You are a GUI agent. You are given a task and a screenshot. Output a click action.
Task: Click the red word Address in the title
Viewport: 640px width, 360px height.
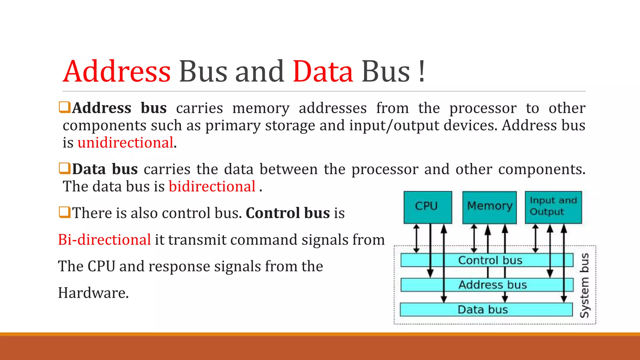tap(117, 72)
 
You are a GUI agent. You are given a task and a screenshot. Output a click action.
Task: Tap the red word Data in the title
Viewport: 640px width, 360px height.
tap(323, 72)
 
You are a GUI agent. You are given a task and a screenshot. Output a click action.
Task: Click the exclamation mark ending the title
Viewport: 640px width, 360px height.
tap(422, 72)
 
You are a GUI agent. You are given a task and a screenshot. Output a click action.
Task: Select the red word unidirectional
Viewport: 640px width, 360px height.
tap(125, 142)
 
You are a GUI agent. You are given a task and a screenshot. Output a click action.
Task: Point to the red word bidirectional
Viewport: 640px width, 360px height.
tap(212, 187)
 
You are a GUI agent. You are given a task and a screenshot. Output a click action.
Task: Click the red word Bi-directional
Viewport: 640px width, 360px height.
tap(104, 240)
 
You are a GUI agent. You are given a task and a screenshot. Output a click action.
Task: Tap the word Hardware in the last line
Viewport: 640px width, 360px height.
tap(93, 293)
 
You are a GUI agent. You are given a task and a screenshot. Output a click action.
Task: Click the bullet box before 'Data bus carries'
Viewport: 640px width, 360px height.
tap(65, 168)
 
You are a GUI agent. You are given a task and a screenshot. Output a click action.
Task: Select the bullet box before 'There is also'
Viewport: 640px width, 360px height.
tap(65, 212)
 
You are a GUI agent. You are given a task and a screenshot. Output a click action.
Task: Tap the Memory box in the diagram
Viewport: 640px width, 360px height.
tap(489, 207)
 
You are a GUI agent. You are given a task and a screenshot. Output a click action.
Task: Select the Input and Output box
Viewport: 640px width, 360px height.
tap(553, 207)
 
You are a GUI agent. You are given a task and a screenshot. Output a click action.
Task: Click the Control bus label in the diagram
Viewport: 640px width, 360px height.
tap(490, 260)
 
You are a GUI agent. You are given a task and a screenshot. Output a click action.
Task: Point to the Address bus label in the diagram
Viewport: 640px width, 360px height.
tap(492, 285)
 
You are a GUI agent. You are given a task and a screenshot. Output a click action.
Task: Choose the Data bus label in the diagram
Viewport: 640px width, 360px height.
tap(482, 309)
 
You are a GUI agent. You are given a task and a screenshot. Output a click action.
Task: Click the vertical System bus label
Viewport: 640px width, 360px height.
tap(585, 285)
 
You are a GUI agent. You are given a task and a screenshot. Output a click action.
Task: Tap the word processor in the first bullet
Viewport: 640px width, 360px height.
tap(483, 108)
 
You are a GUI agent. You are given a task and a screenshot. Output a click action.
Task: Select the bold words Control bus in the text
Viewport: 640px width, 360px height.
tap(288, 213)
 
